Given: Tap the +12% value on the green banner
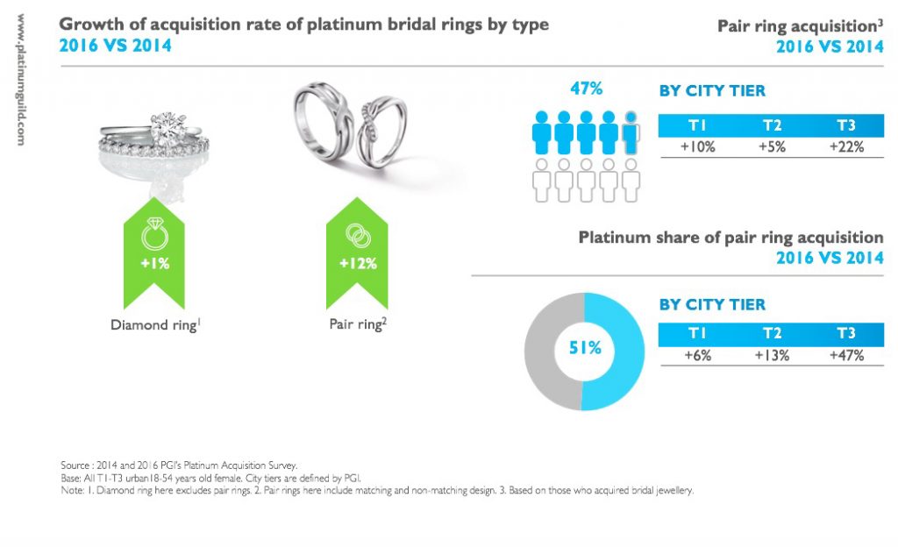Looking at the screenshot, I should click(358, 263).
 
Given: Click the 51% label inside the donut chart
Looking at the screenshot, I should click(585, 348).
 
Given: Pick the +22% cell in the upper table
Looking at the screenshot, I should click(845, 146).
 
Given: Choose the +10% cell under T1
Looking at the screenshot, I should click(698, 146).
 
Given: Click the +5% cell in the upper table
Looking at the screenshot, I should click(772, 146).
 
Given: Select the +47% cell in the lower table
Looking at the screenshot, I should click(845, 356).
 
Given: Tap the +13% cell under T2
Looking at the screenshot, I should click(772, 356).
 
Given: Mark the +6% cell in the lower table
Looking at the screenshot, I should click(698, 356).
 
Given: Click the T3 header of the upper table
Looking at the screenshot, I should click(845, 124).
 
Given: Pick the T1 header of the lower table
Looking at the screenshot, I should click(698, 334).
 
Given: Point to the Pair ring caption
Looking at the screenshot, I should click(357, 324).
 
